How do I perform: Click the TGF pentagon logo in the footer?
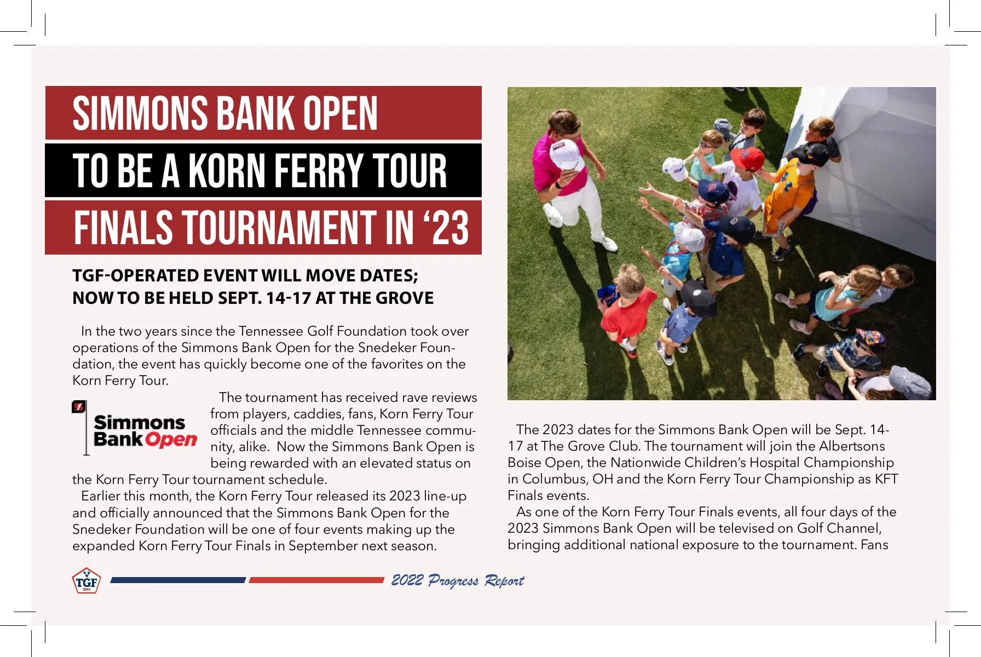(x=86, y=581)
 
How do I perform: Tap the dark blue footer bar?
(x=178, y=580)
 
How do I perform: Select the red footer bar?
(x=316, y=580)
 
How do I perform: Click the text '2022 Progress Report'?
(x=457, y=581)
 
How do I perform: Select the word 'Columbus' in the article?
(x=555, y=479)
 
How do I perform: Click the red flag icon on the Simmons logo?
(x=79, y=407)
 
